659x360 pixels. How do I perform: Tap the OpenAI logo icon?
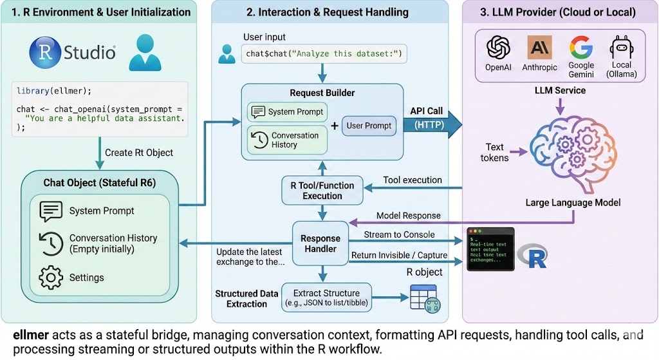click(x=497, y=48)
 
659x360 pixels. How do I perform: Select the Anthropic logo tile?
click(x=539, y=48)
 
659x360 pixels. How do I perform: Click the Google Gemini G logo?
click(x=580, y=48)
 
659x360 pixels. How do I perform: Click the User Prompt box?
click(x=369, y=126)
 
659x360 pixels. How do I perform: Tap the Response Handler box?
click(x=320, y=243)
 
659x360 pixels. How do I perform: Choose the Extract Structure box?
click(x=327, y=297)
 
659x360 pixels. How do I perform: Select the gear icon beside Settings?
click(x=51, y=277)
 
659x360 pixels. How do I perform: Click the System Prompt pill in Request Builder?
click(x=286, y=111)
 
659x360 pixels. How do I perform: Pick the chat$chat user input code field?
click(x=324, y=53)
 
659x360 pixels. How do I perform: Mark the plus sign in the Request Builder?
click(x=335, y=126)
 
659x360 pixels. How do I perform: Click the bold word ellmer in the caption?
click(x=30, y=335)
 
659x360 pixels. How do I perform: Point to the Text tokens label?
click(x=496, y=152)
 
